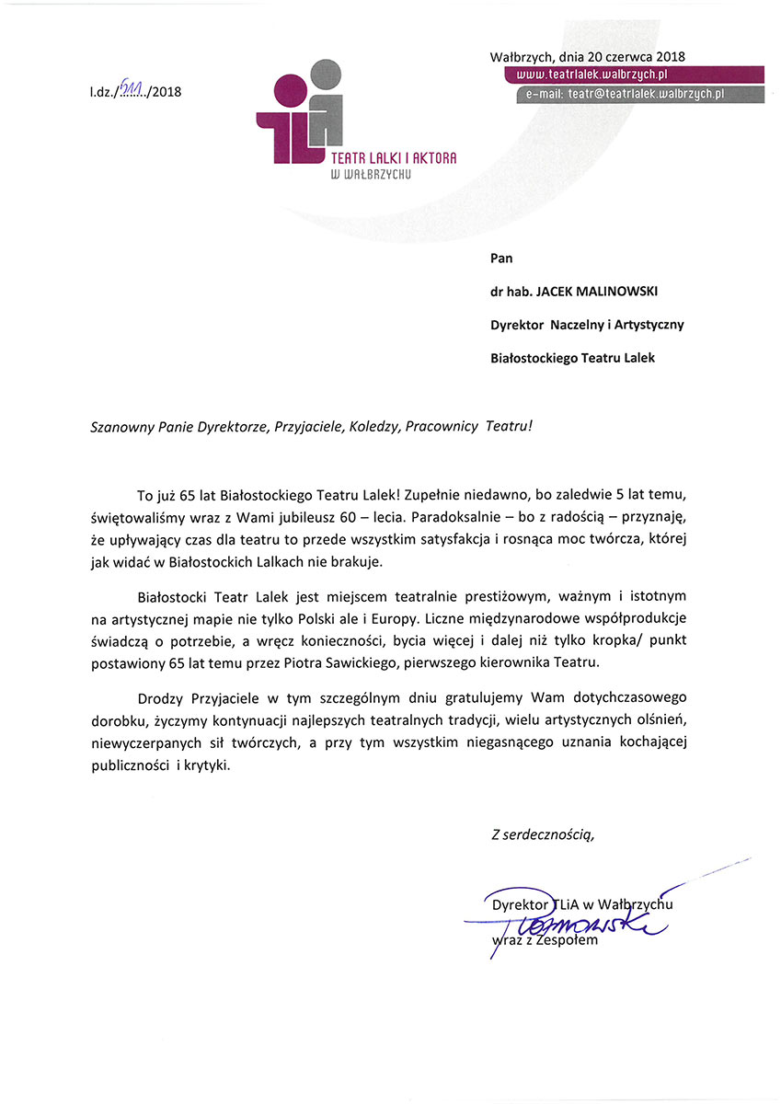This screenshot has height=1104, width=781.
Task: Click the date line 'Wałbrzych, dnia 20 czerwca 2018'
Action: coord(588,57)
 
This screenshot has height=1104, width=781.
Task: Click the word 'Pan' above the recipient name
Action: coord(503,259)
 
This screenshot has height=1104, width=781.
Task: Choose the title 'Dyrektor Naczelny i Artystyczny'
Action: coord(587,325)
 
